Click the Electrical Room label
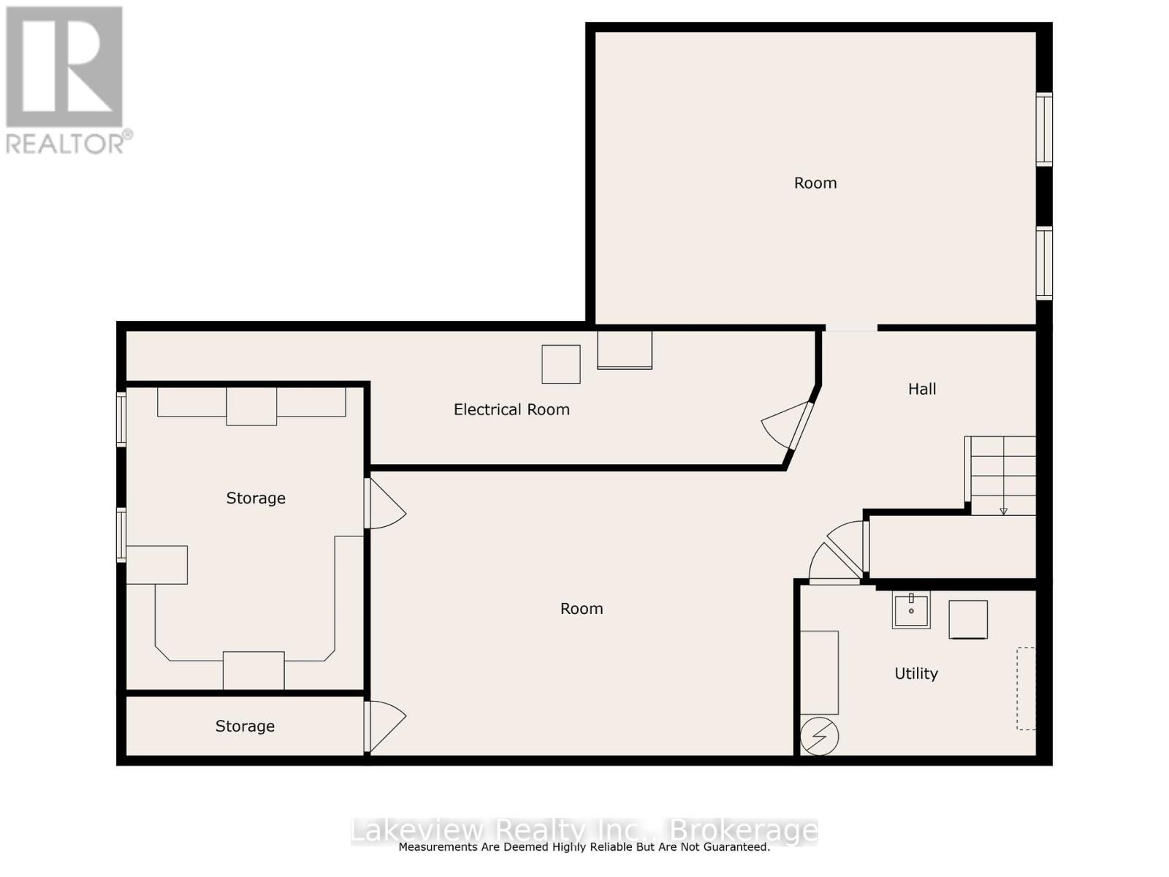(x=511, y=410)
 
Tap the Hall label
(x=922, y=390)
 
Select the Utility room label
(x=916, y=674)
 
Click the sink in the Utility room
(x=911, y=610)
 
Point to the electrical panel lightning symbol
(x=819, y=737)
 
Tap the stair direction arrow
(x=1003, y=511)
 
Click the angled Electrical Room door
(x=800, y=426)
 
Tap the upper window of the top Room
(x=1045, y=129)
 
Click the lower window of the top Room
(x=1045, y=263)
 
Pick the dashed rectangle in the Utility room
(x=1026, y=688)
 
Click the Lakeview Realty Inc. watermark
(x=584, y=831)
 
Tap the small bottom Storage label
(x=245, y=726)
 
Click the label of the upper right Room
(x=815, y=183)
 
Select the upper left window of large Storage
(x=121, y=419)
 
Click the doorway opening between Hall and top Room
(x=851, y=327)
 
